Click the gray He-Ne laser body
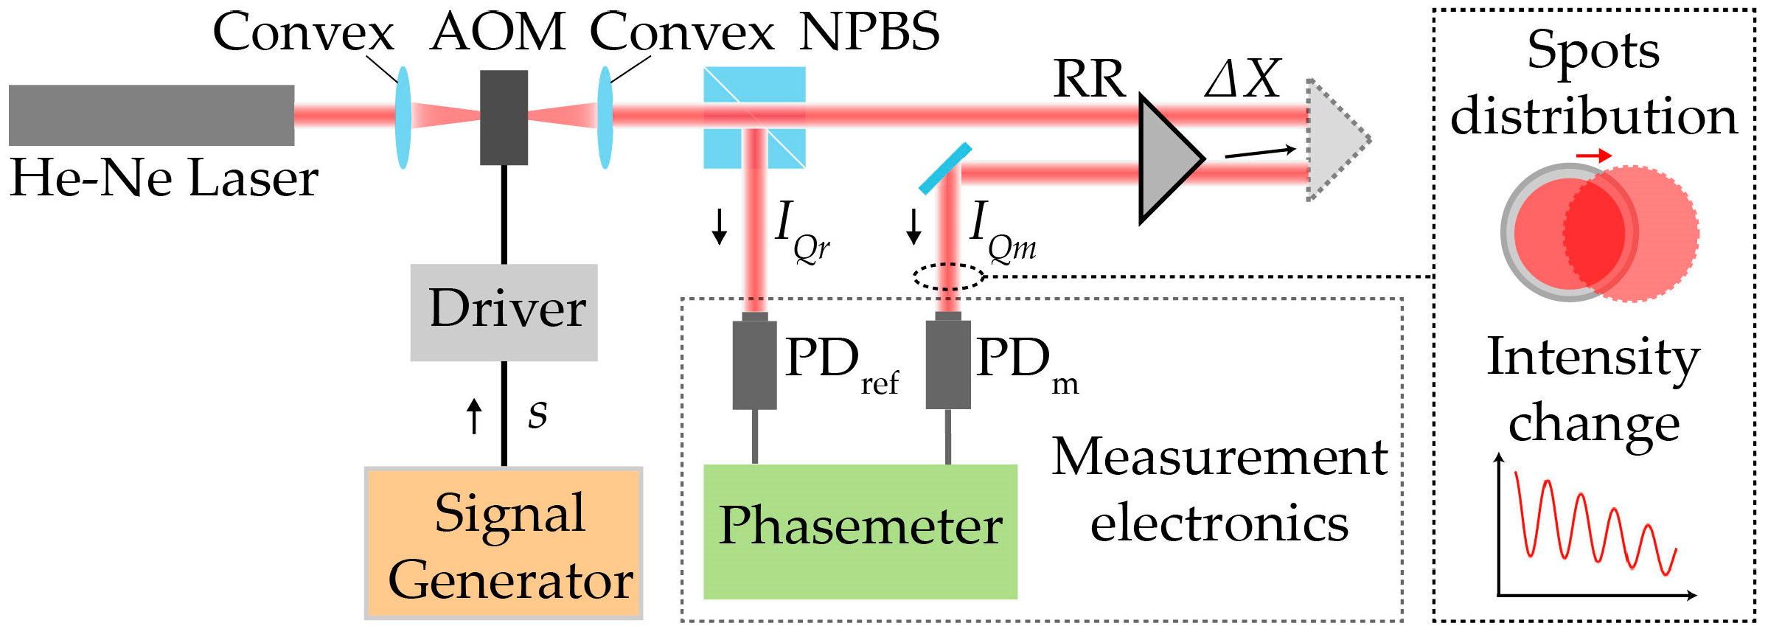pos(151,115)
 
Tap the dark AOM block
pos(504,117)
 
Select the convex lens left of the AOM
pos(403,118)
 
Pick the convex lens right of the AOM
pos(605,118)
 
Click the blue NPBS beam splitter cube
pos(754,117)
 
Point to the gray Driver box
pos(504,312)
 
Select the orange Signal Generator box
pos(504,543)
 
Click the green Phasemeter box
pos(860,531)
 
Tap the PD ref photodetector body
pos(754,363)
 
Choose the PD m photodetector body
pos(947,363)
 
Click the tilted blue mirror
pos(944,169)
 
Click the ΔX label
pos(1243,79)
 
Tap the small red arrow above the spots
pos(1593,156)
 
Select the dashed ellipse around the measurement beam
pos(949,276)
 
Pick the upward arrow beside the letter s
pos(475,416)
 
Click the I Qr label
pos(802,232)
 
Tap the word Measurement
pos(1219,457)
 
